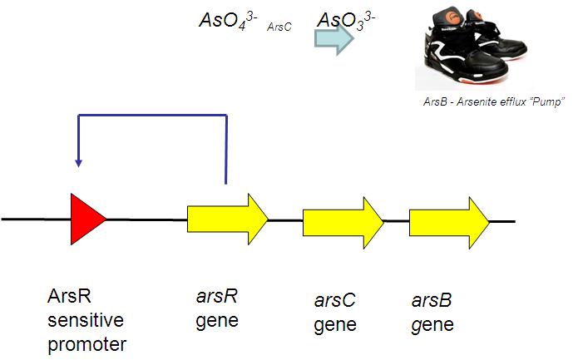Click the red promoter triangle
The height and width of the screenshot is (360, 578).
(x=86, y=219)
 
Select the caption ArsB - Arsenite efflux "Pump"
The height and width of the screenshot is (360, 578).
(x=493, y=101)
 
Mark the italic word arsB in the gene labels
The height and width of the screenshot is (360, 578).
(x=432, y=300)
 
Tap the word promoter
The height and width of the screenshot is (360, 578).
(x=86, y=343)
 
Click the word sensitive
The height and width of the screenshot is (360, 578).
(x=82, y=319)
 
